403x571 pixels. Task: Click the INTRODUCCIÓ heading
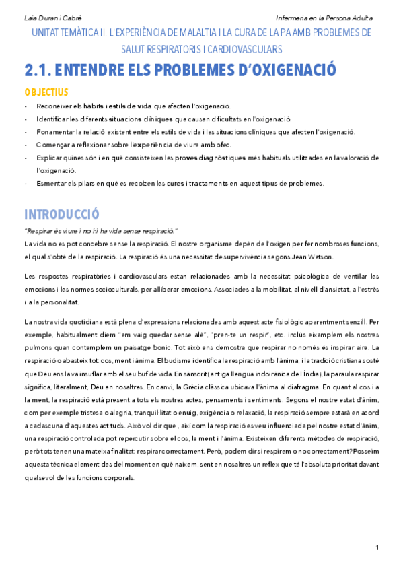point(61,215)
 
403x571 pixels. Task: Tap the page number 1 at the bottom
point(377,546)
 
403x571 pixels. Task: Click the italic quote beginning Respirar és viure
point(100,231)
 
